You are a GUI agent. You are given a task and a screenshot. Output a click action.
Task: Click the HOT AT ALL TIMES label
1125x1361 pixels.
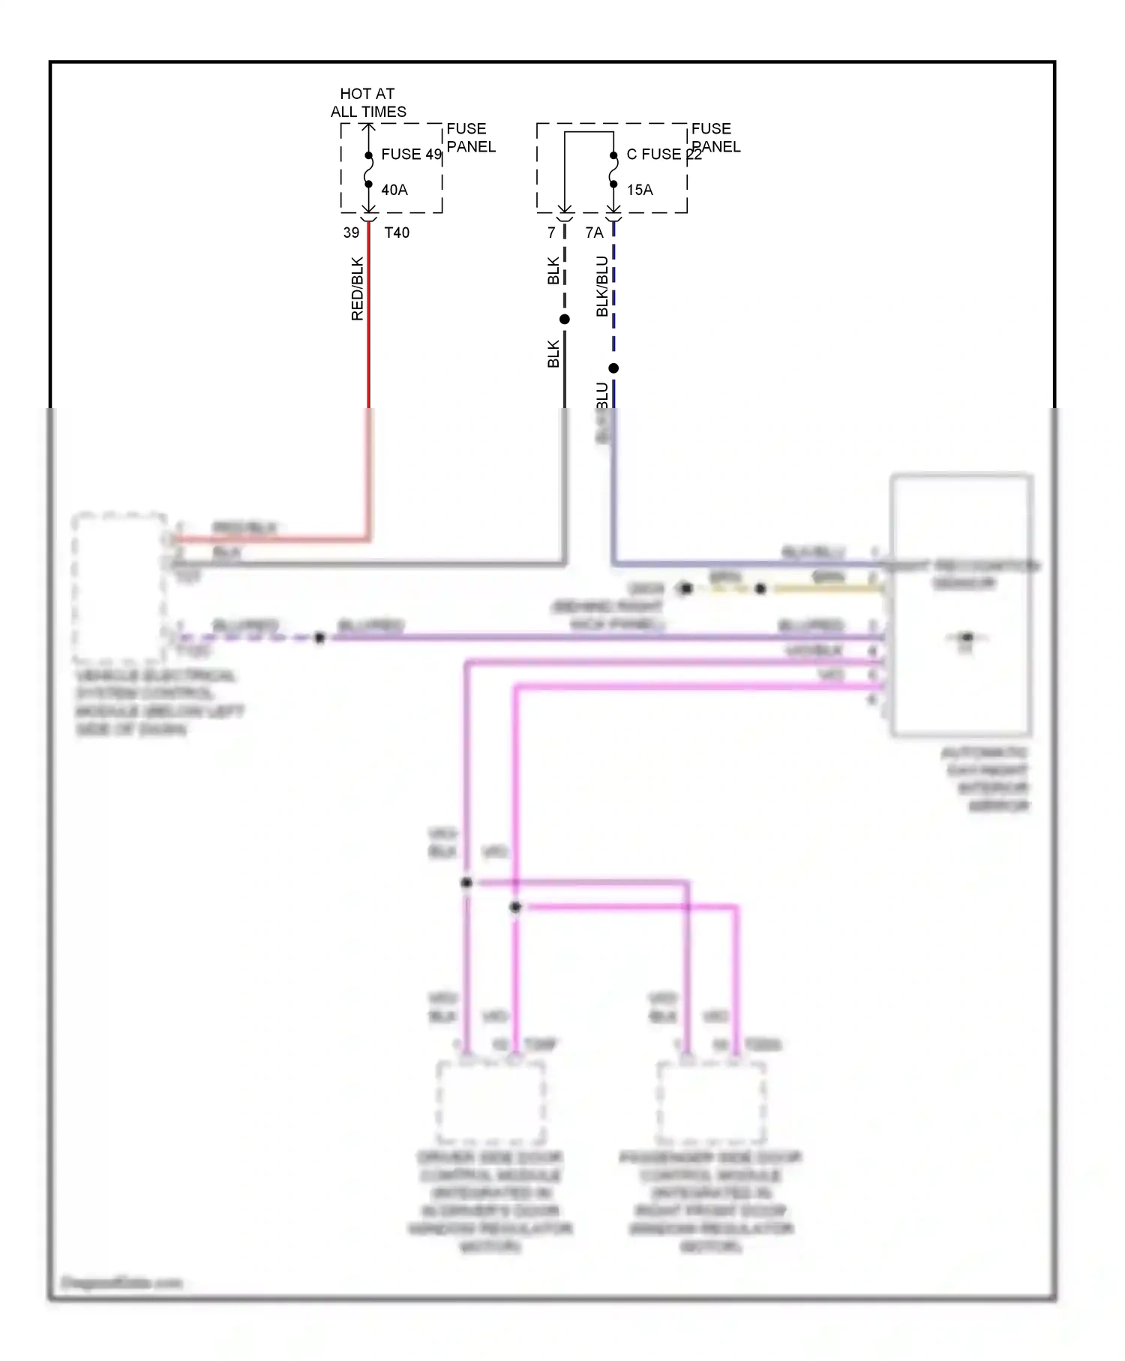(x=367, y=103)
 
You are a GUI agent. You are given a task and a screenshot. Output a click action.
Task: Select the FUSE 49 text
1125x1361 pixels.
(x=411, y=155)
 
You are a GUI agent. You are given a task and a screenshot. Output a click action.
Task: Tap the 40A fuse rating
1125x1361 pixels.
(x=394, y=190)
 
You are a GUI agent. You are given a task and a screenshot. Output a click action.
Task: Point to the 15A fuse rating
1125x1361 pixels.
(x=640, y=190)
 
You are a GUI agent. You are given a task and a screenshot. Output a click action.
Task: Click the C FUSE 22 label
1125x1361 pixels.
(x=664, y=155)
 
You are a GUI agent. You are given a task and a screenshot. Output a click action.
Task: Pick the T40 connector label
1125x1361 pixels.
(x=397, y=233)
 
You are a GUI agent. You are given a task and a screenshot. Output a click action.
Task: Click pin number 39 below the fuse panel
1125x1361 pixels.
(x=351, y=233)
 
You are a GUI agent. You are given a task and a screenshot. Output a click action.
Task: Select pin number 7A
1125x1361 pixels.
(x=594, y=233)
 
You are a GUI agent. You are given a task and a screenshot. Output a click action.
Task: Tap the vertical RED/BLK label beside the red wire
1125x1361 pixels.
(x=357, y=289)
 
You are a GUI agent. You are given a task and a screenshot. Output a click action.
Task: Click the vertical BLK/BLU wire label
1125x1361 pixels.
(x=602, y=287)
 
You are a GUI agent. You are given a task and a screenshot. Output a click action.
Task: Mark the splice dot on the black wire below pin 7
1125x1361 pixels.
(x=565, y=320)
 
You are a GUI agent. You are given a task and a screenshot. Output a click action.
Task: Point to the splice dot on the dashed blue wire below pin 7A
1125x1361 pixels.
(x=613, y=368)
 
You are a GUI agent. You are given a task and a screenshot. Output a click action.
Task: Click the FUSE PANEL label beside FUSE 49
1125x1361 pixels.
(x=470, y=138)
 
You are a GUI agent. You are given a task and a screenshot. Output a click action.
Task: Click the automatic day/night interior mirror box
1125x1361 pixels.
(x=961, y=605)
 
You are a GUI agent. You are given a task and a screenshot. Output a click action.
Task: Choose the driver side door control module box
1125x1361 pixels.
(x=490, y=1101)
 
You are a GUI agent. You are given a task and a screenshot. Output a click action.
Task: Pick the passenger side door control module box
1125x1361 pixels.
(x=710, y=1101)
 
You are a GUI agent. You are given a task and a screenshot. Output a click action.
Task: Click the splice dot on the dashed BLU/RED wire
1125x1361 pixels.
(x=319, y=638)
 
